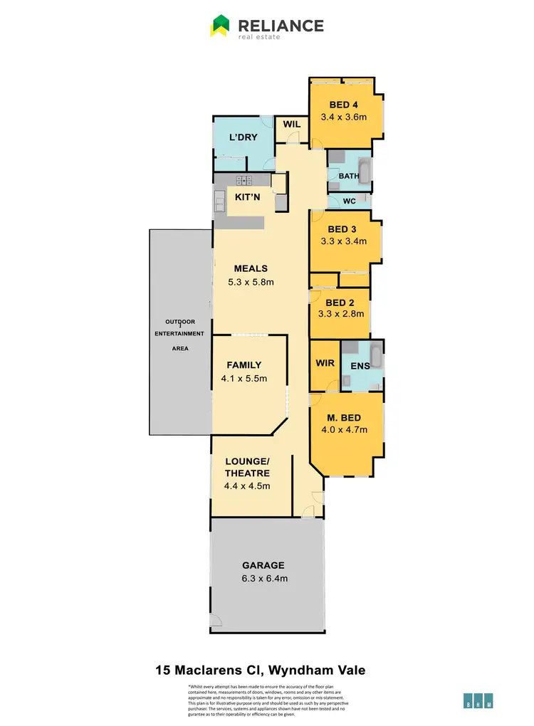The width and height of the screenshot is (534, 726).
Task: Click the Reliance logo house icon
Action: (220, 26)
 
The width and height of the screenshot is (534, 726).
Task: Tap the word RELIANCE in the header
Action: (281, 26)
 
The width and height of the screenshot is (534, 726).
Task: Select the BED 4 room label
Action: (344, 105)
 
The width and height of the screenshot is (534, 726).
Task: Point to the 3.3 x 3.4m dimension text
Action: (344, 241)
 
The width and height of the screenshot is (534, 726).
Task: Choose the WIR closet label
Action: (324, 364)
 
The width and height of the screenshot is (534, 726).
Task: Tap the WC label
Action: (349, 201)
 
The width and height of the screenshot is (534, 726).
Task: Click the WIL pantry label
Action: (292, 125)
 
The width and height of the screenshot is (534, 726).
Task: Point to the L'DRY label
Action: (242, 137)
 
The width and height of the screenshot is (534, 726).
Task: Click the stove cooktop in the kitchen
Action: (245, 181)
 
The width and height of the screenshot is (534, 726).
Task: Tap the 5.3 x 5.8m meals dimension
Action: (251, 282)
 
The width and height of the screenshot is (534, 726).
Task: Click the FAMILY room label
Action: (244, 365)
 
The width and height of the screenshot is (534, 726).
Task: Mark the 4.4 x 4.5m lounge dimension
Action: (247, 486)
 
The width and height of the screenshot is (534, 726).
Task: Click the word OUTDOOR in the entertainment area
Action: (181, 322)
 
